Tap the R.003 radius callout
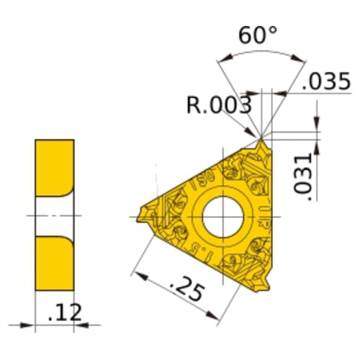(218, 106)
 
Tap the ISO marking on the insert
(200, 180)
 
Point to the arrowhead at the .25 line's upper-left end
(138, 271)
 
